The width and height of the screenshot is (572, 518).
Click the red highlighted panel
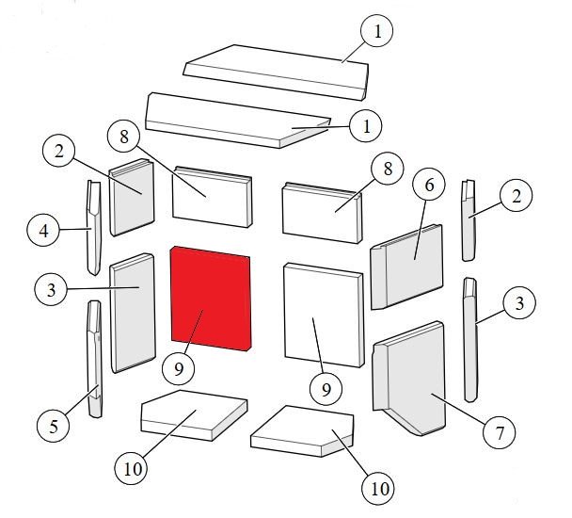[x=211, y=299]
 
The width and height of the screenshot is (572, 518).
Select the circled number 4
[x=43, y=230]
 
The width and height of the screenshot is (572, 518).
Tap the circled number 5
[x=54, y=426]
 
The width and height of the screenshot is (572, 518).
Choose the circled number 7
[x=499, y=432]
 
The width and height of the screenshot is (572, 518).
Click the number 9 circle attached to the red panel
[x=179, y=368]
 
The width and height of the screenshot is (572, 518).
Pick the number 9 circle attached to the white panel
[x=326, y=388]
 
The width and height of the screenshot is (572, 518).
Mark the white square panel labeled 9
[x=324, y=315]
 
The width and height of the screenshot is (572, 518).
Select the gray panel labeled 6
[x=406, y=267]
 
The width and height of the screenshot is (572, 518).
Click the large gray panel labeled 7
[x=409, y=379]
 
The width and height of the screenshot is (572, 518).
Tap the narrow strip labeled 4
[x=94, y=228]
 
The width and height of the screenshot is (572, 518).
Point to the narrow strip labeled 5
[x=94, y=359]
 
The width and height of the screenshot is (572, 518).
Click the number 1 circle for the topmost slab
[x=377, y=31]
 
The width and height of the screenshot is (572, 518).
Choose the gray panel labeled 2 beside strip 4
[x=132, y=197]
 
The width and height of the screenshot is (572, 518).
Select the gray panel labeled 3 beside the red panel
[x=133, y=313]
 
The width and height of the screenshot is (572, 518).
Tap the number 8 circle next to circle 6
[x=388, y=169]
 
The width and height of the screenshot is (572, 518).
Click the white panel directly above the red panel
[x=212, y=197]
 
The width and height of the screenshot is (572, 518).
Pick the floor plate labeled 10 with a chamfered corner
[x=302, y=431]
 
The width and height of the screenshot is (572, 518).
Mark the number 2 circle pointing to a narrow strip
[x=516, y=196]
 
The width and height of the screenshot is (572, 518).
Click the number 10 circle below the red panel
[x=132, y=468]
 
